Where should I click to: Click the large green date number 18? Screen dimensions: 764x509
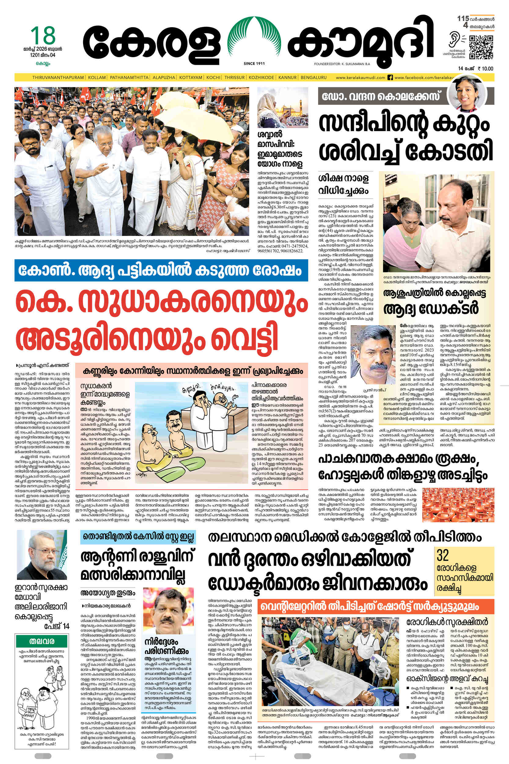click(43, 35)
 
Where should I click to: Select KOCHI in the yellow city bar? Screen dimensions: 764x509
click(213, 78)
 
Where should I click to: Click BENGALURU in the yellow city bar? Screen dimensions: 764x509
click(313, 78)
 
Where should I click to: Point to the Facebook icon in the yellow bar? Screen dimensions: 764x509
click(390, 78)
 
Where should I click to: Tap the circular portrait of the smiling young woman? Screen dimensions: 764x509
click(467, 92)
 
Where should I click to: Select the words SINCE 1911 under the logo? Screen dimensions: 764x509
click(254, 64)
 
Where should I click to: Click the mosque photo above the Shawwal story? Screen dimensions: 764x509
click(283, 108)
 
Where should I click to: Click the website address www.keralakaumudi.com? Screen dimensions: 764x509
click(360, 78)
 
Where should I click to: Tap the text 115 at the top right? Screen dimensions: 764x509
click(463, 19)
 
